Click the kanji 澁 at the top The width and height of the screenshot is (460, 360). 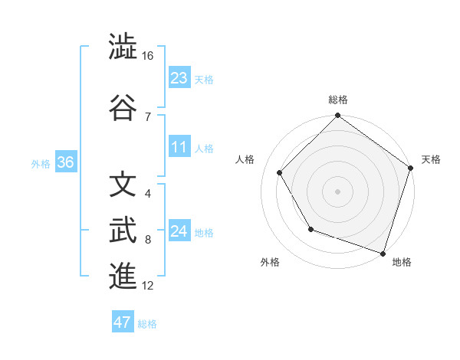pos(123,47)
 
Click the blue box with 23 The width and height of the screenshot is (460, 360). pos(179,77)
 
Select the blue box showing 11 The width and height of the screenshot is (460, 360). pos(179,146)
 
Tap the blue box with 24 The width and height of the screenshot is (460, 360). pos(179,231)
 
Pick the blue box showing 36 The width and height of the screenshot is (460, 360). pos(65,162)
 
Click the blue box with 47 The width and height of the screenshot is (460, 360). pos(123,322)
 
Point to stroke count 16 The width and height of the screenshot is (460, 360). pos(148,56)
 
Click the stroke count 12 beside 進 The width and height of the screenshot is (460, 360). pos(148,286)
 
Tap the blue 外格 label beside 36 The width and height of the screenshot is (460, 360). pos(41,163)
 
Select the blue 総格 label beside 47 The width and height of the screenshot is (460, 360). pos(147,324)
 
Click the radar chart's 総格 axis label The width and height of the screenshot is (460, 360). pos(338,100)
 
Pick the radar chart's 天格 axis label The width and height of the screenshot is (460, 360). pos(431,159)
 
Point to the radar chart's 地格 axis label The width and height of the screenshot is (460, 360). pos(402,262)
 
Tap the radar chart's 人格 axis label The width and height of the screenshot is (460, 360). pos(245,159)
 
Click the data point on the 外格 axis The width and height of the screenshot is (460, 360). pos(310,229)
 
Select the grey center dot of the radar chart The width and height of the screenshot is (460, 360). pos(338,191)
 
